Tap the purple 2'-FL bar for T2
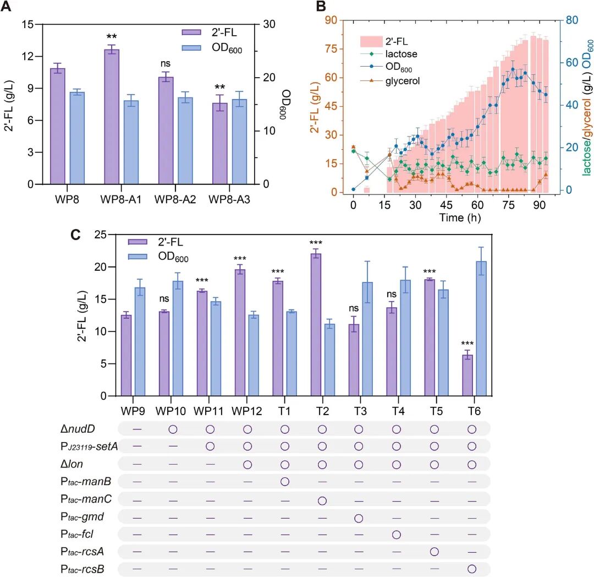coord(316,324)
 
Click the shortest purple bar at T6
coord(467,375)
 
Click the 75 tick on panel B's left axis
coord(331,48)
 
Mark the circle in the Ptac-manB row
coord(285,482)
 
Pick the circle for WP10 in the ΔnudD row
coord(173,428)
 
